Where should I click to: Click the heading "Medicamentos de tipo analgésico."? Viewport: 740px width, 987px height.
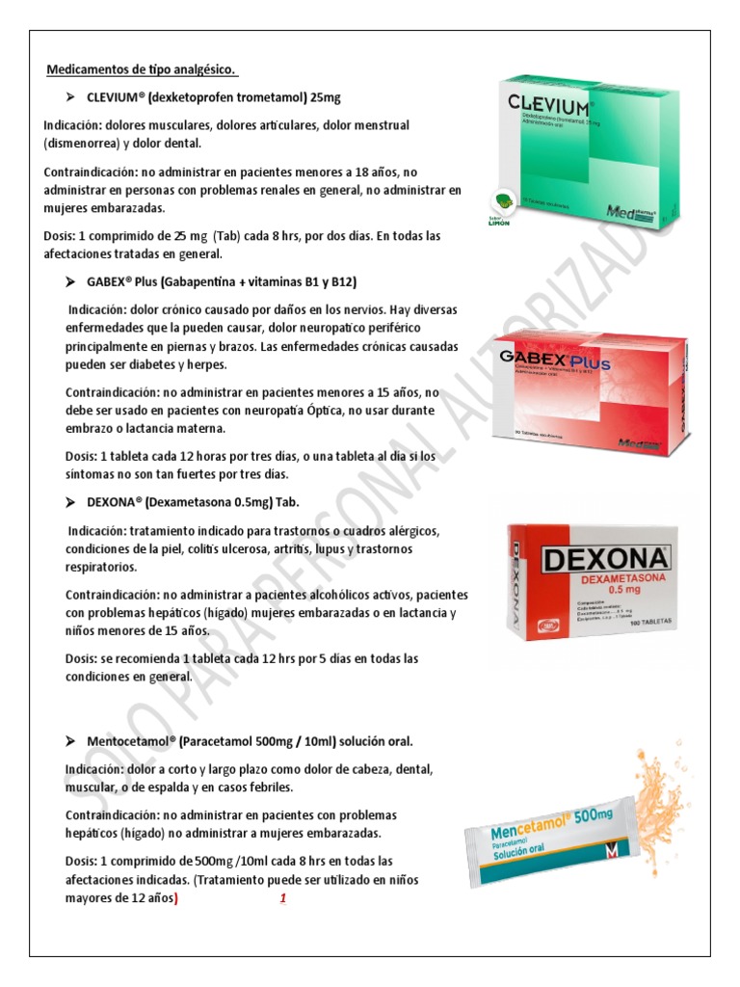coord(142,70)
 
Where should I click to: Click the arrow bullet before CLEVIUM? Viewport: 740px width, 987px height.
coord(69,98)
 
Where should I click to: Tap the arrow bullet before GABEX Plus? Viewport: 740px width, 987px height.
coord(69,281)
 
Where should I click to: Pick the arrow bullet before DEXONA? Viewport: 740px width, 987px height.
coord(69,503)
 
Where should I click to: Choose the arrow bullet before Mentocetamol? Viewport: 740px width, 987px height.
coord(69,741)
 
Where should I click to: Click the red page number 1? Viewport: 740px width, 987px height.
coord(283,898)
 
